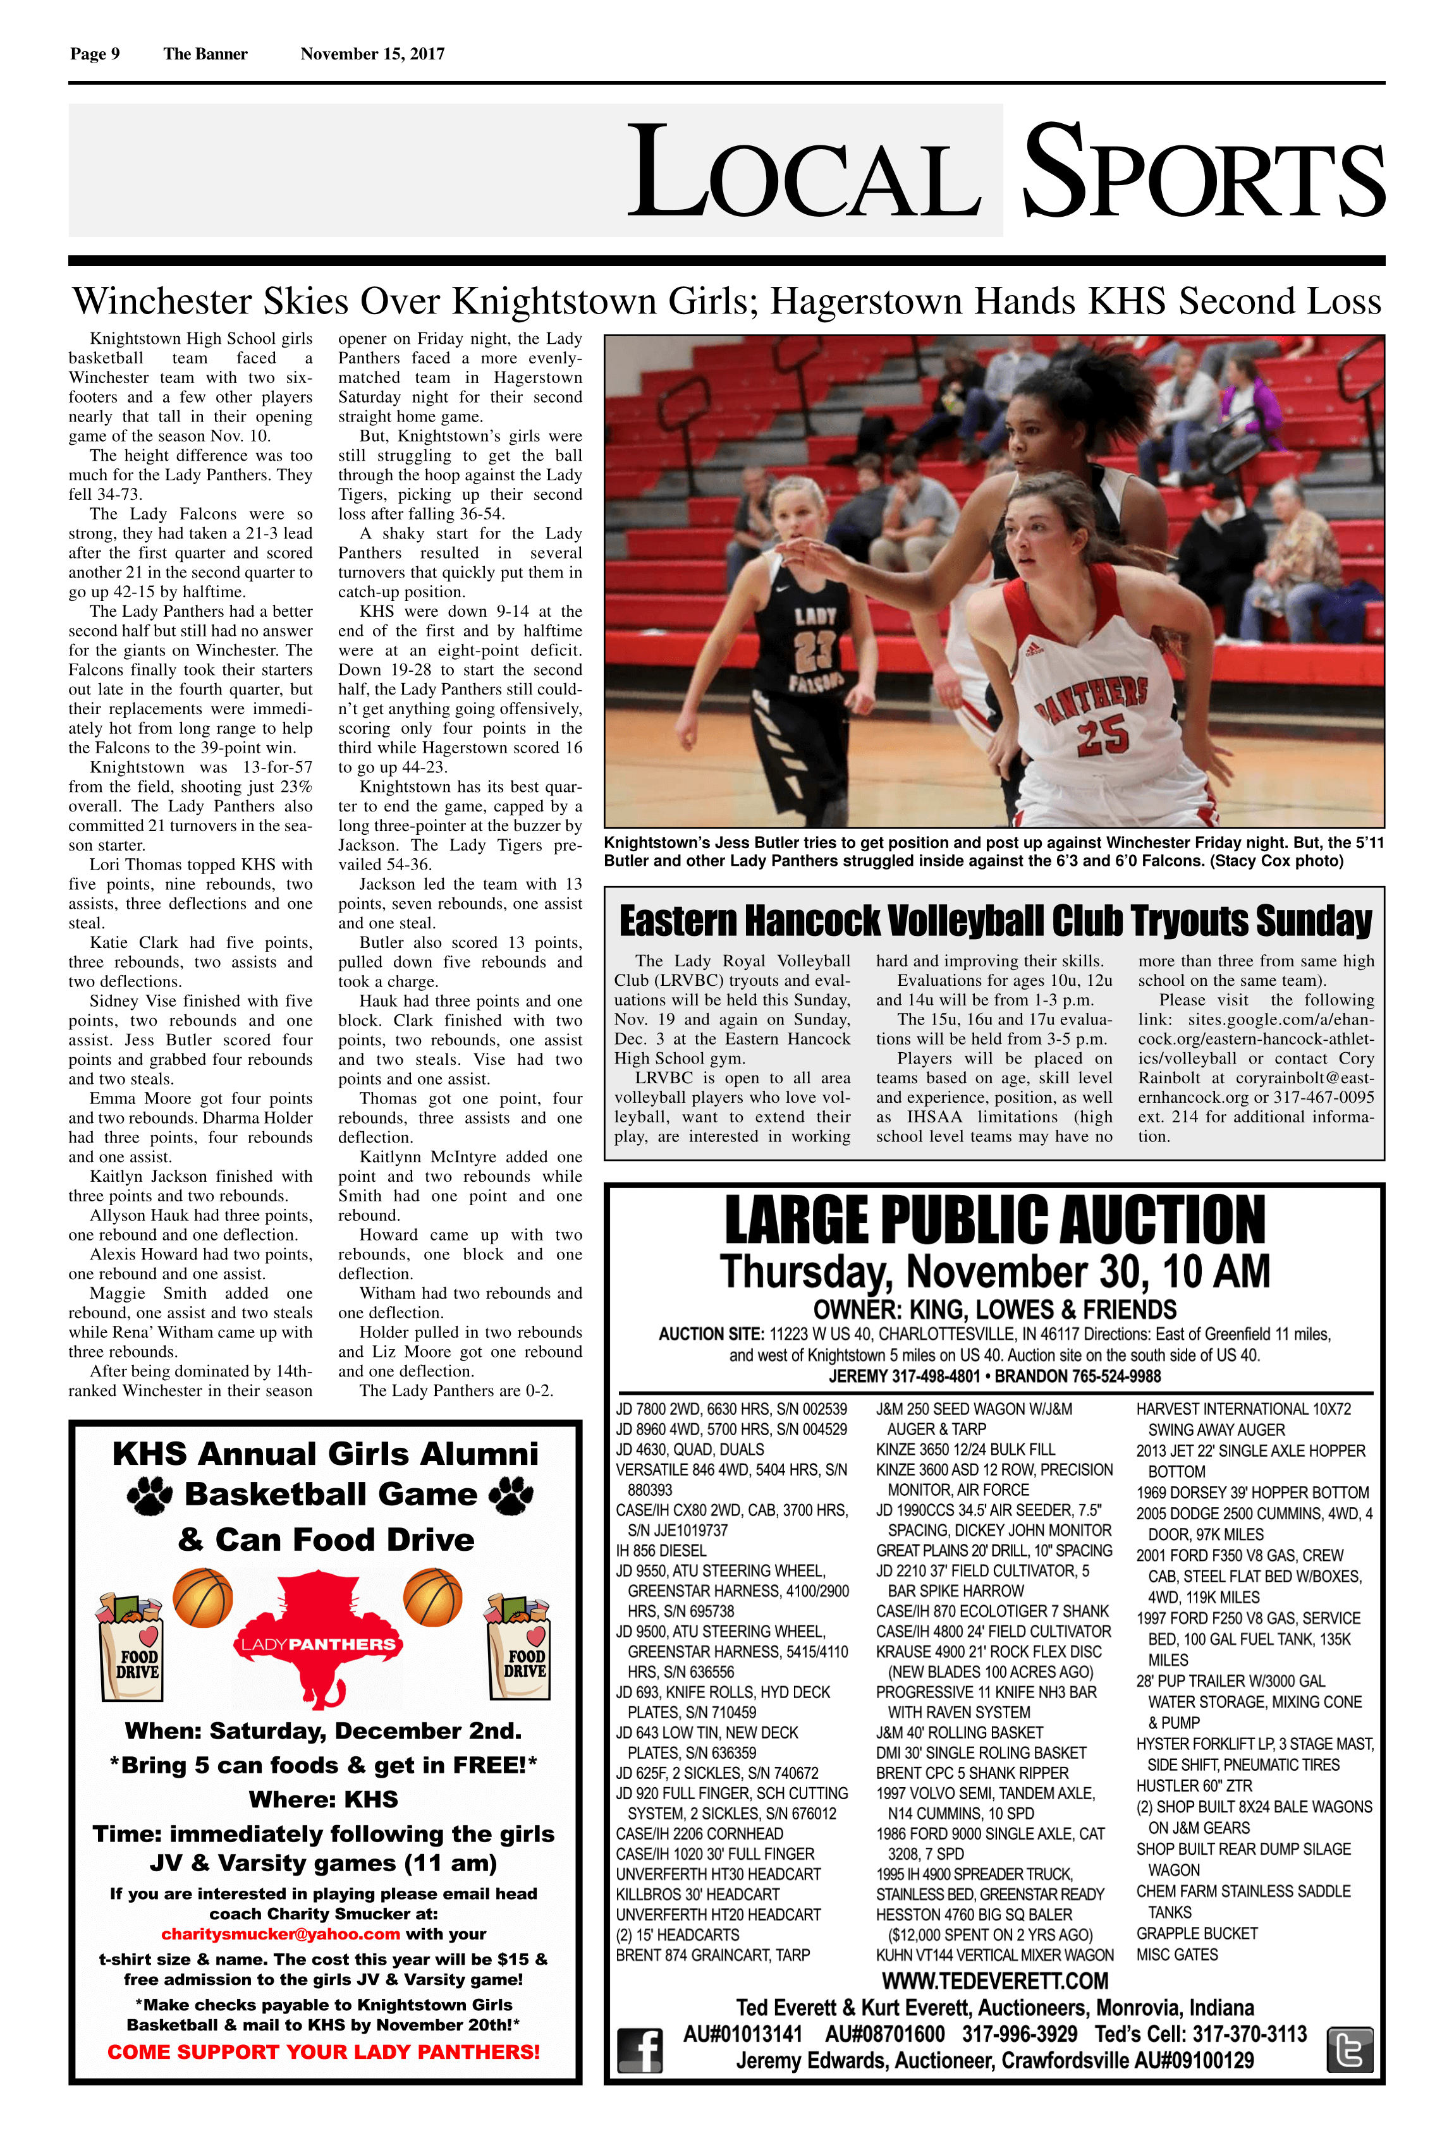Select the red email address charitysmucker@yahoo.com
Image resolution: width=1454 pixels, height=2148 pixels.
[x=280, y=1934]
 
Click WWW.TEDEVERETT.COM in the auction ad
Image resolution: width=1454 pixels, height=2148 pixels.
[x=994, y=1981]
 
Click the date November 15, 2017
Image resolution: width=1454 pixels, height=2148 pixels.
[x=372, y=54]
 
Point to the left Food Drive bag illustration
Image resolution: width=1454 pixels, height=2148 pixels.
[x=130, y=1646]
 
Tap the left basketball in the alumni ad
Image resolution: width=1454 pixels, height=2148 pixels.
[x=202, y=1597]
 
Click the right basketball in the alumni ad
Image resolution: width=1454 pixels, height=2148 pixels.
[x=432, y=1596]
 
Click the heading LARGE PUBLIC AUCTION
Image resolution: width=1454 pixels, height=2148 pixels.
[x=994, y=1220]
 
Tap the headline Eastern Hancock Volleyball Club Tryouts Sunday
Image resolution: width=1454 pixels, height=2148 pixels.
[x=994, y=921]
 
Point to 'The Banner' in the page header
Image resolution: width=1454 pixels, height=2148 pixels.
[x=205, y=54]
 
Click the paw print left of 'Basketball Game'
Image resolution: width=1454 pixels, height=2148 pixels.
[x=150, y=1495]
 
